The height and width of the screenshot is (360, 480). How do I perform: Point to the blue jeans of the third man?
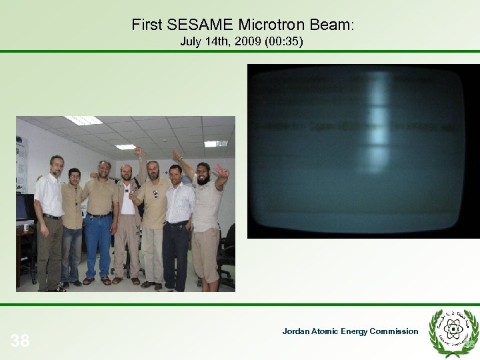tap(99, 243)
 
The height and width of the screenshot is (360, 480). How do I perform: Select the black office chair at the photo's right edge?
tap(228, 253)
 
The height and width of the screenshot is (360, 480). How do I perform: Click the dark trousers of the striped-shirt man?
tap(175, 253)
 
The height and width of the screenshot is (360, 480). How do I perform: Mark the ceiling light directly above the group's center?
tap(125, 147)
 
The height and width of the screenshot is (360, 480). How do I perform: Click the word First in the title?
tap(147, 25)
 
